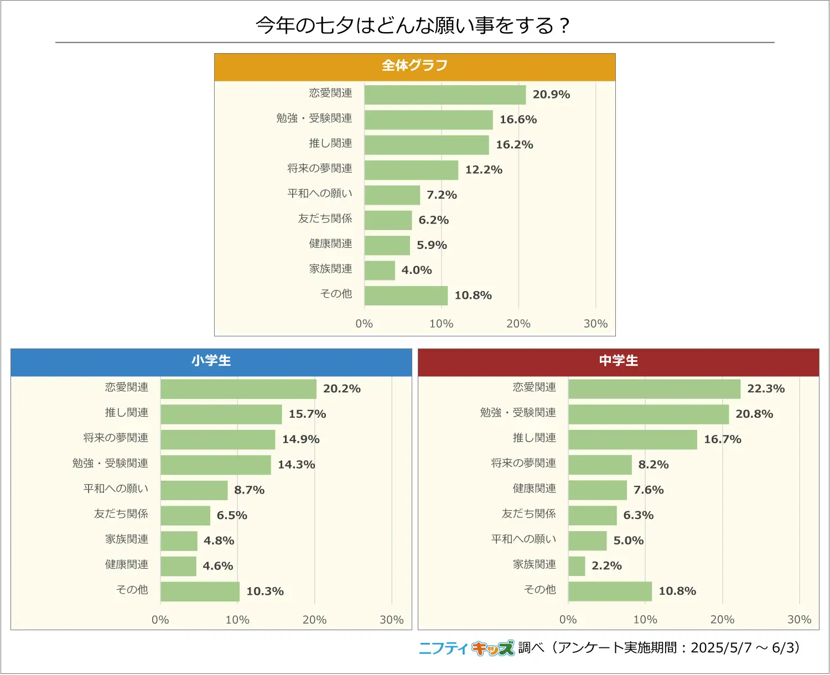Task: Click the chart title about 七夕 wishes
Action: (x=413, y=25)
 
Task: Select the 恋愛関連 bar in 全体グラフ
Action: (x=445, y=95)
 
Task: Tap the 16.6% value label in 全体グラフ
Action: (x=518, y=120)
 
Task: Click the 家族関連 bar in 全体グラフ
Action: (x=380, y=271)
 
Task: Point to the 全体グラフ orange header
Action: (x=414, y=66)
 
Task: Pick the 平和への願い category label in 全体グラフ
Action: (x=320, y=194)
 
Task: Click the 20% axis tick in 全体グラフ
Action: (x=518, y=324)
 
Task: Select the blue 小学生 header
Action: (x=211, y=361)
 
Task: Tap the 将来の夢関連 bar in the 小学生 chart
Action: (x=217, y=439)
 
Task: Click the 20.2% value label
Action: (x=341, y=389)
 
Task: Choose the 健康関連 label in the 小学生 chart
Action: (x=127, y=564)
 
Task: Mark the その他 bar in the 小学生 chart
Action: (x=200, y=591)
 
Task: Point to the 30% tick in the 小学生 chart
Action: (x=391, y=620)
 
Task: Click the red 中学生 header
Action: (x=618, y=361)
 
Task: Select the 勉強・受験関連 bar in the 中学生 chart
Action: (x=649, y=414)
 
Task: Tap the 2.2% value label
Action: (x=606, y=566)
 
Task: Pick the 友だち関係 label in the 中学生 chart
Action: (x=528, y=514)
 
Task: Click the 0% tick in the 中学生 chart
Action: (x=568, y=620)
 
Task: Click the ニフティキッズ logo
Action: (x=466, y=648)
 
